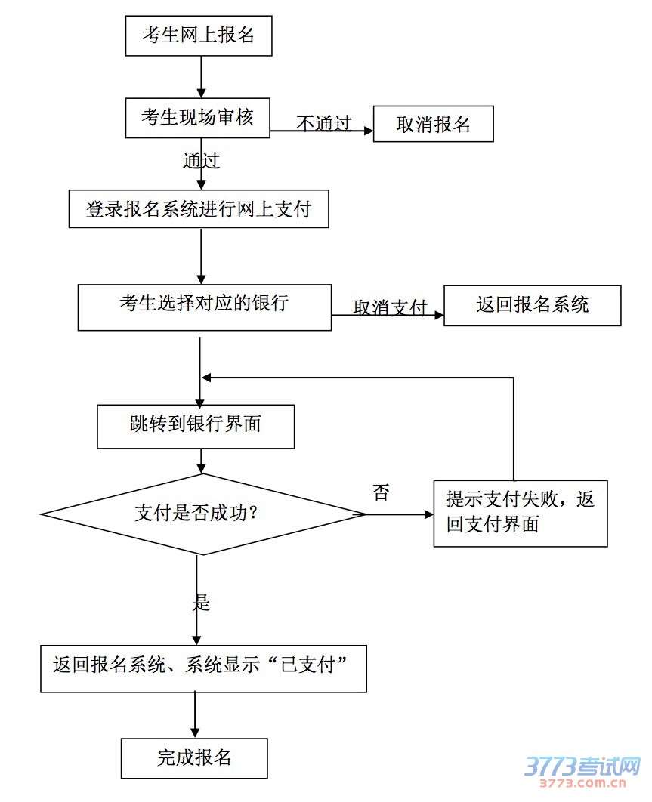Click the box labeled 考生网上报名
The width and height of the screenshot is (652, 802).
tap(198, 35)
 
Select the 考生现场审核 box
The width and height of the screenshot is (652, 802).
tap(197, 118)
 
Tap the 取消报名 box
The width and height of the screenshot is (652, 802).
tap(434, 125)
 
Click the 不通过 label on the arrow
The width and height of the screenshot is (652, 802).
tap(323, 123)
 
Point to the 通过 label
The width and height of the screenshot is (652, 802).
tap(201, 160)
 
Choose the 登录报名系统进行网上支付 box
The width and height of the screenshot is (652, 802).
tap(199, 209)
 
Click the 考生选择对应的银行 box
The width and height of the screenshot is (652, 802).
tap(205, 307)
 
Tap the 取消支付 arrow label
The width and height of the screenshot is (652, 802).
tap(390, 307)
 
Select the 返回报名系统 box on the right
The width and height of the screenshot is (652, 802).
tap(532, 305)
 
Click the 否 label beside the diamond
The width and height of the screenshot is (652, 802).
tap(381, 493)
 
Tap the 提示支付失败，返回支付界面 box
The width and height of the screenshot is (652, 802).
tap(520, 513)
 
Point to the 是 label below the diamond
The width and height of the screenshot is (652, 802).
tap(201, 602)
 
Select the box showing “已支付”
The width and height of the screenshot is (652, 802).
tap(203, 668)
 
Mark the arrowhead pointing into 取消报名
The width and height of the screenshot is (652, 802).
tap(369, 131)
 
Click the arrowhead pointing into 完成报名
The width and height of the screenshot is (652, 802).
tap(195, 732)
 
